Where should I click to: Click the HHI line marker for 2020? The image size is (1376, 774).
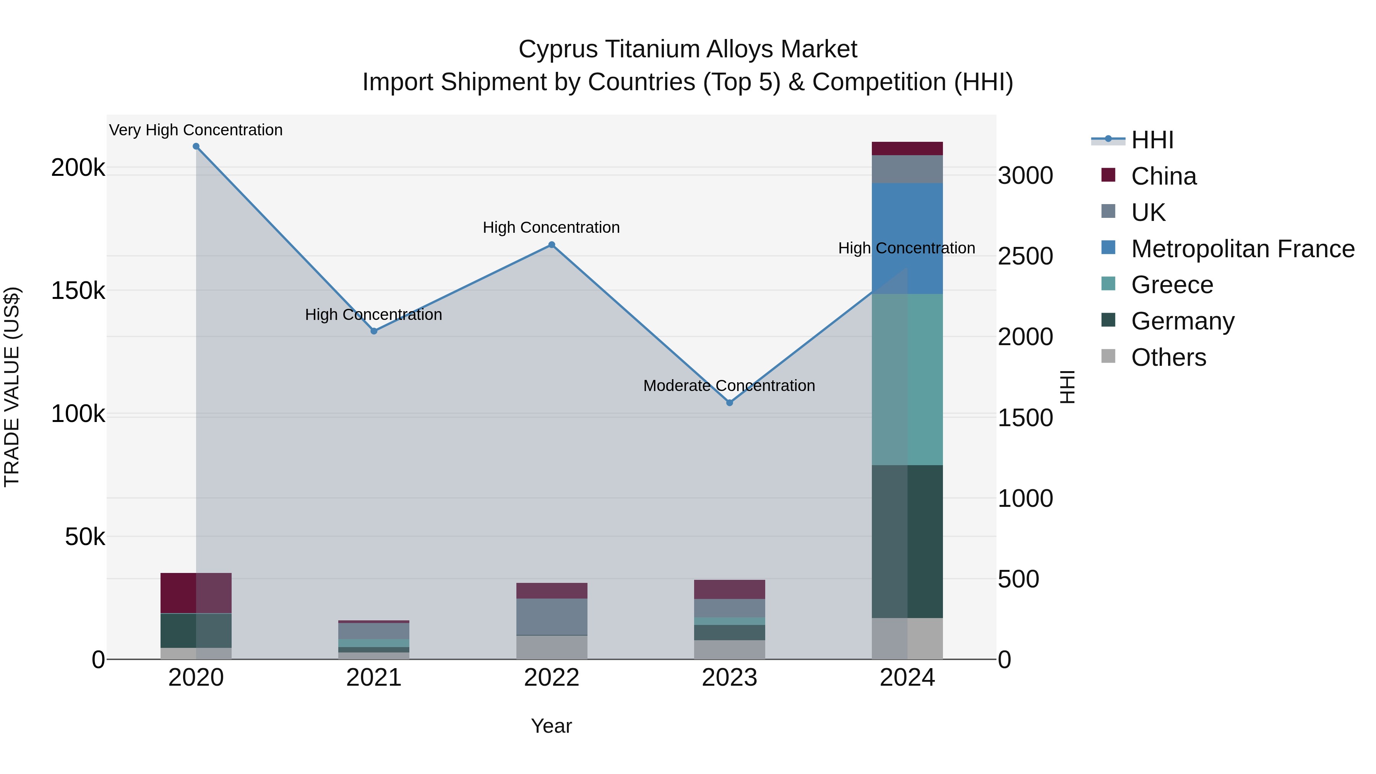click(196, 146)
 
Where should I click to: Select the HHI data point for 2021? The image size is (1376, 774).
click(374, 331)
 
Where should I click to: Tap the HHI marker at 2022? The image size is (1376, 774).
click(552, 245)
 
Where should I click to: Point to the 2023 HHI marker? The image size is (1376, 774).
click(730, 403)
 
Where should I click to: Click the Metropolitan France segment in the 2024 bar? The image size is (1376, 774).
click(907, 238)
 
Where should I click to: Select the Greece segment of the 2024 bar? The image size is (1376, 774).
click(907, 379)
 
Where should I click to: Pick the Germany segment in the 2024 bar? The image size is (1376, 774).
click(907, 541)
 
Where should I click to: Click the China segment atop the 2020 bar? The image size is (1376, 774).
click(196, 593)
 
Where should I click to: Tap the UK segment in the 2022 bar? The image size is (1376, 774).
click(552, 617)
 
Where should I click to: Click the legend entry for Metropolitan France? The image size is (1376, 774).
click(1243, 249)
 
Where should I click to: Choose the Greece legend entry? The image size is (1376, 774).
click(1172, 285)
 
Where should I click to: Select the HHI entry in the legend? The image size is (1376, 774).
click(1152, 140)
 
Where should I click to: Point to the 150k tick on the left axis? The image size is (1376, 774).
click(78, 291)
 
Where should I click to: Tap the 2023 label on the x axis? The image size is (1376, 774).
click(730, 678)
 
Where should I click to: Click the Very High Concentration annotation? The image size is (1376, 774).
click(196, 130)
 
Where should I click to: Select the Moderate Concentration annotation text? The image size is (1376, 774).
click(729, 386)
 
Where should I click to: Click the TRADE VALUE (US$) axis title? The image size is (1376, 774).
click(12, 387)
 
